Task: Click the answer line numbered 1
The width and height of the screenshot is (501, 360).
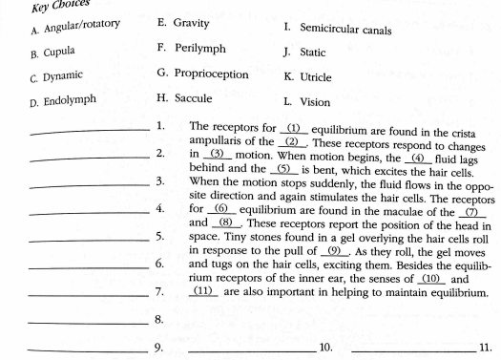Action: pos(91,129)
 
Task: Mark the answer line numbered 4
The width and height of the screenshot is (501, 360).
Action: pos(91,212)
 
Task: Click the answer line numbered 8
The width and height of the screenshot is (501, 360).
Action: pos(91,323)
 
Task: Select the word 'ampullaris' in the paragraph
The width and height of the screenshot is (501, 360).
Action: pos(218,139)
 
